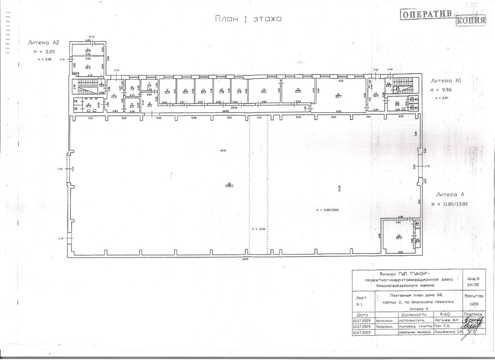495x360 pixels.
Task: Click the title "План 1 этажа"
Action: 248,19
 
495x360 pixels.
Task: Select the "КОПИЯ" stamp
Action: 471,20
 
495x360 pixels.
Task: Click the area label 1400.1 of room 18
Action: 229,185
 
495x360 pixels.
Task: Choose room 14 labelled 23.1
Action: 264,91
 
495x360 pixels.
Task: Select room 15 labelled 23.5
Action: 298,91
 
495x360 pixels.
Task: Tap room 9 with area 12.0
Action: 167,92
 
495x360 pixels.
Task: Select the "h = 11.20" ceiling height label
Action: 258,229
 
